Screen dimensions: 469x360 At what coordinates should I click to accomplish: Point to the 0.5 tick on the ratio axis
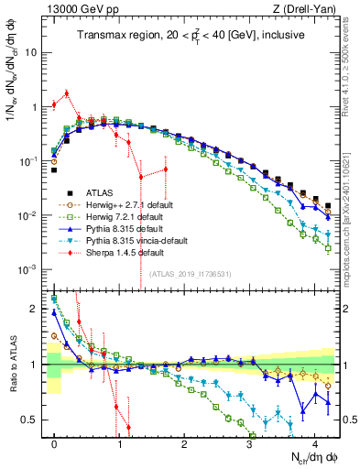pos(35,420)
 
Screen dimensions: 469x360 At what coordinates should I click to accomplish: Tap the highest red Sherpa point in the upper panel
pos(67,93)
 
